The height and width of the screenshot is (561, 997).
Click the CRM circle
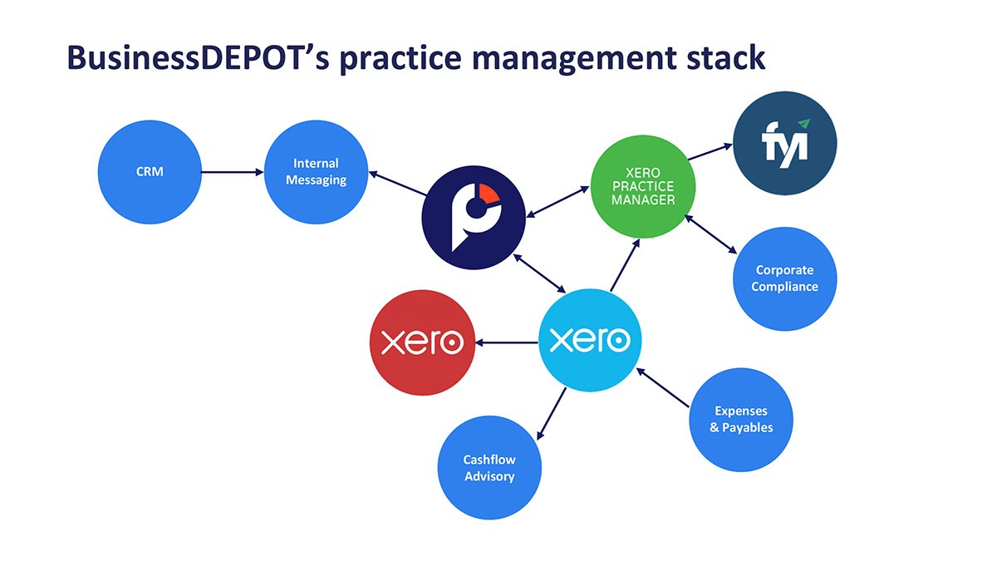click(x=150, y=172)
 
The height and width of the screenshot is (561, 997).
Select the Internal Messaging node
click(x=316, y=172)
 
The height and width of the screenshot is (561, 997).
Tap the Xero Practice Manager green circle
click(x=643, y=186)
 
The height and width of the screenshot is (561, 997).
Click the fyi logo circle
click(x=784, y=143)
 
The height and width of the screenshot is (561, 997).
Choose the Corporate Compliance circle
click(x=784, y=278)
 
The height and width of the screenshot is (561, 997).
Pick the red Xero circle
click(x=422, y=342)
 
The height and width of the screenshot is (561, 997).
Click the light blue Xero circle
click(x=590, y=341)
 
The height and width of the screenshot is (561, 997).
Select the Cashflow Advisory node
click(x=489, y=467)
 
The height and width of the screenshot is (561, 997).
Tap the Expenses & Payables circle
click(x=741, y=420)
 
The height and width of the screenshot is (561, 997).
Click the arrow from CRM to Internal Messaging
click(x=233, y=172)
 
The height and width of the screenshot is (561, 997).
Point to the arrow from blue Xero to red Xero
click(x=507, y=342)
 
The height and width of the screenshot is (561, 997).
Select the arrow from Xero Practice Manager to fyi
click(x=710, y=151)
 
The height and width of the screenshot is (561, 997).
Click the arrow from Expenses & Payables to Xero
click(x=663, y=387)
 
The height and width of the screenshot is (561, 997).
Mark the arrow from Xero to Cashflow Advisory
click(x=552, y=414)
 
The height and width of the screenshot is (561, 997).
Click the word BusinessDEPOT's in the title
click(x=198, y=58)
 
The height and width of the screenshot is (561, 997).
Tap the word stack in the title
click(x=726, y=58)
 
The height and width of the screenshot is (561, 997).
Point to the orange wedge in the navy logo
click(x=488, y=194)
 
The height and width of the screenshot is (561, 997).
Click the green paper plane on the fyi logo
click(x=804, y=123)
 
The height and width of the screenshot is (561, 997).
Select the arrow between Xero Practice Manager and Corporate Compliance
click(x=711, y=234)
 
